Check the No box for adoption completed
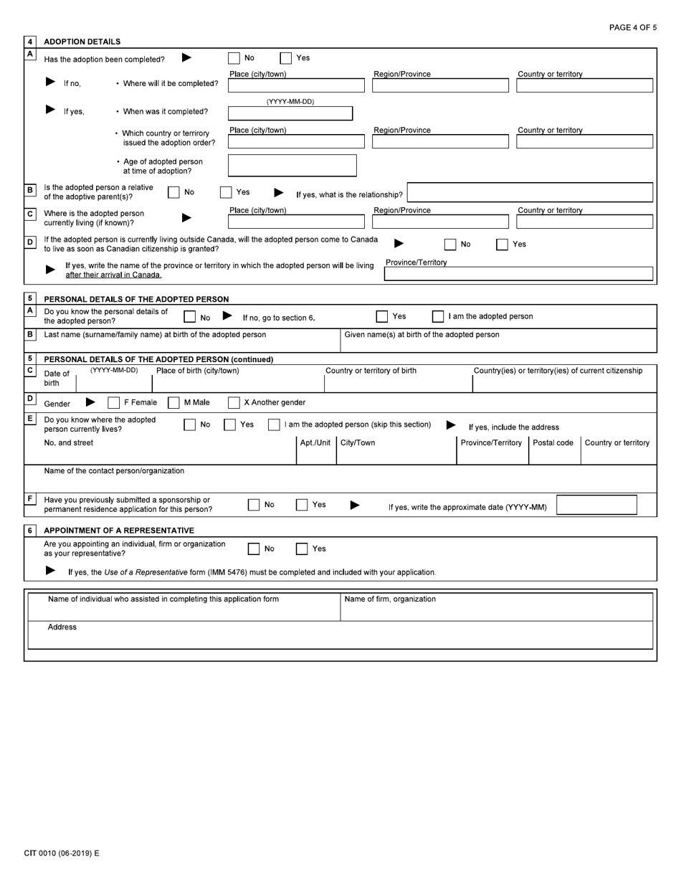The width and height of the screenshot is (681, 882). pos(234,58)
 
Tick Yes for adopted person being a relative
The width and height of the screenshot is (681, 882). pos(226,192)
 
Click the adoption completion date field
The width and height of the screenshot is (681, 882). pos(290,113)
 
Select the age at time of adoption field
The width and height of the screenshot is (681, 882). pos(292,166)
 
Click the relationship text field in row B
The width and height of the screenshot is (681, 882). pos(530,192)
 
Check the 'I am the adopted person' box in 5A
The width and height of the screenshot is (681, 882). pos(438,316)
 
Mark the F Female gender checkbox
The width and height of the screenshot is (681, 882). pos(114,402)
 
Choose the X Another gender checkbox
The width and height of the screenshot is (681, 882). pos(234,402)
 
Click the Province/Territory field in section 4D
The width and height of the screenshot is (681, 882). pos(518,273)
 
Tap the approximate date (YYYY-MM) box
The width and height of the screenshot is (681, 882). pos(596,505)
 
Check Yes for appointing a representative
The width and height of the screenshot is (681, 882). pos(303,549)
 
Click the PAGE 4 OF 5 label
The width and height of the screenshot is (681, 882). pos(632,27)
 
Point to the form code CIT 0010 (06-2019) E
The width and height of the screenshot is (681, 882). pos(62,853)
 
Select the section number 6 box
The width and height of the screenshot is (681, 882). pos(30,530)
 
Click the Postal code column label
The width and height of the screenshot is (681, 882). pos(553,442)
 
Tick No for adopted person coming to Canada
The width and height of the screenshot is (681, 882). pos(450,245)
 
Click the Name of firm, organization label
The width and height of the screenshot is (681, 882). pos(390,599)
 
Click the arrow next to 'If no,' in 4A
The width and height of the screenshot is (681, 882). pos(50,82)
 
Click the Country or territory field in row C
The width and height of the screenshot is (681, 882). pos(584,221)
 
